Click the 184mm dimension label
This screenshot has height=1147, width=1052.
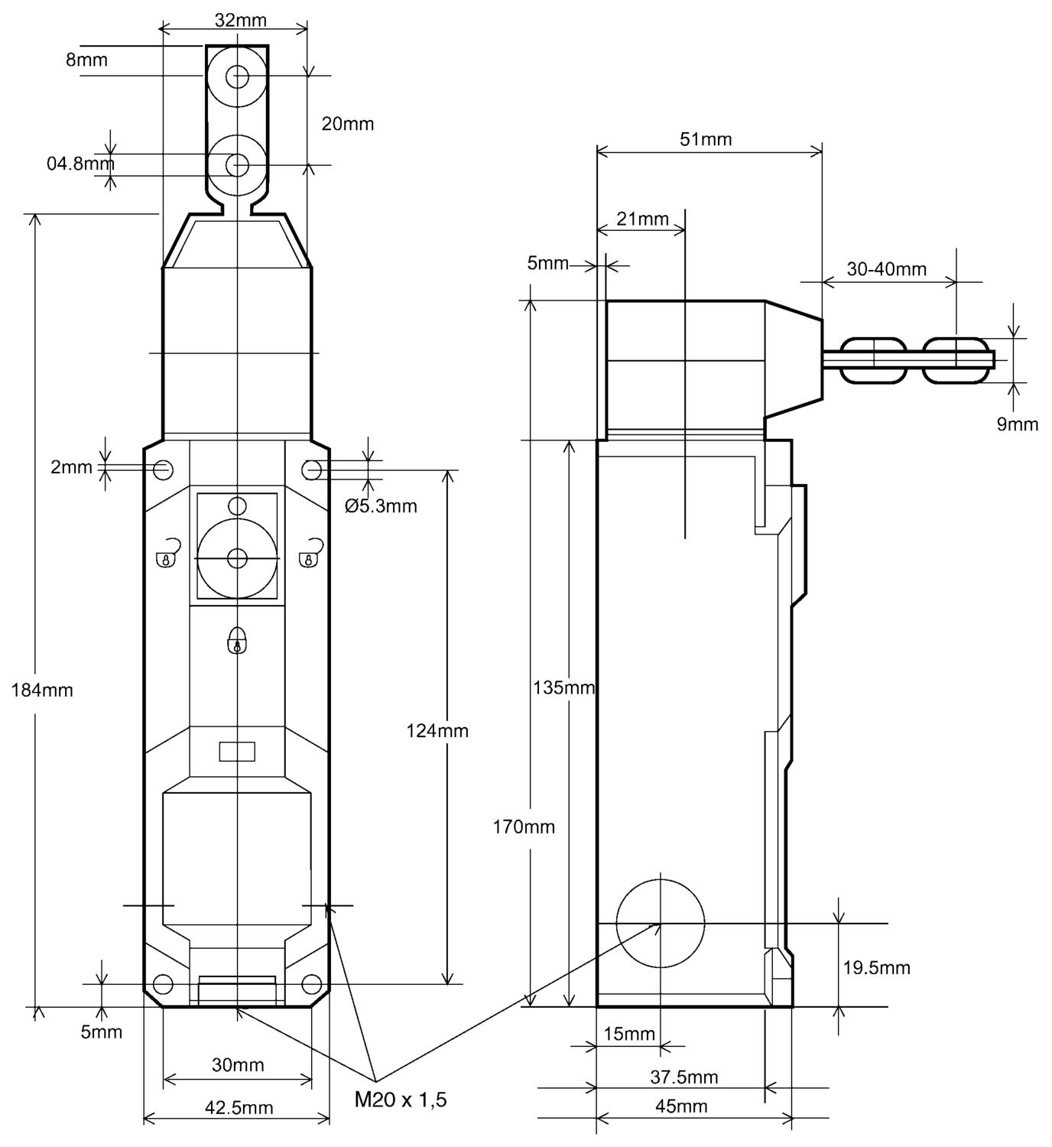(42, 690)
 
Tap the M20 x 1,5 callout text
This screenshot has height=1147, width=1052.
(400, 1100)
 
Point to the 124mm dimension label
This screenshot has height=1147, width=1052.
(437, 730)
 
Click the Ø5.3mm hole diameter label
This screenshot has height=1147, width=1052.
(381, 505)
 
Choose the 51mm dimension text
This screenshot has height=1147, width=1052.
(705, 139)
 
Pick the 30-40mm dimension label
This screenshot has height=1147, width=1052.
(886, 268)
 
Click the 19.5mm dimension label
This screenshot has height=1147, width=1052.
(876, 967)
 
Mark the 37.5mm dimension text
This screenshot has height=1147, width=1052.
(683, 1077)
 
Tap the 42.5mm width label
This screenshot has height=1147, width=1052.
(239, 1107)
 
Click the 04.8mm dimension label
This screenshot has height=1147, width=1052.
(80, 163)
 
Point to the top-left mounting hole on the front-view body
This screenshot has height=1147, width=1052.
(163, 470)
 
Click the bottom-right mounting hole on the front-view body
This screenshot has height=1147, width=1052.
(311, 983)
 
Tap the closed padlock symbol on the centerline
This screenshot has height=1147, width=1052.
(238, 640)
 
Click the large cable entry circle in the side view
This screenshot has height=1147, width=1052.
(660, 924)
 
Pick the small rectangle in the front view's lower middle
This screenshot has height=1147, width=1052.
(237, 751)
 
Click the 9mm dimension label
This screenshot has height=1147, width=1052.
(1017, 424)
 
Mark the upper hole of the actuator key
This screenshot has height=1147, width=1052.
(238, 76)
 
